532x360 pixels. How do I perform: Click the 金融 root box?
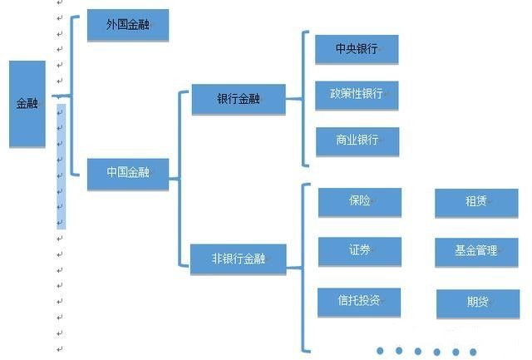(x=27, y=104)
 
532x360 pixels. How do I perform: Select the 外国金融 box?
(x=128, y=25)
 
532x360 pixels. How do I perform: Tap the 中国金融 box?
(x=128, y=173)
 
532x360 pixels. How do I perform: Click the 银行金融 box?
(x=239, y=99)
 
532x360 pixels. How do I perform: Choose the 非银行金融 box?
(x=239, y=259)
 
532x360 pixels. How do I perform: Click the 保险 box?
(x=360, y=202)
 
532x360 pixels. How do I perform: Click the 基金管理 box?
(x=476, y=251)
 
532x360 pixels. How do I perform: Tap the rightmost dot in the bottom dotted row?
(x=473, y=352)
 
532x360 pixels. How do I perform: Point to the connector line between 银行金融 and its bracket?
(x=293, y=99)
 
